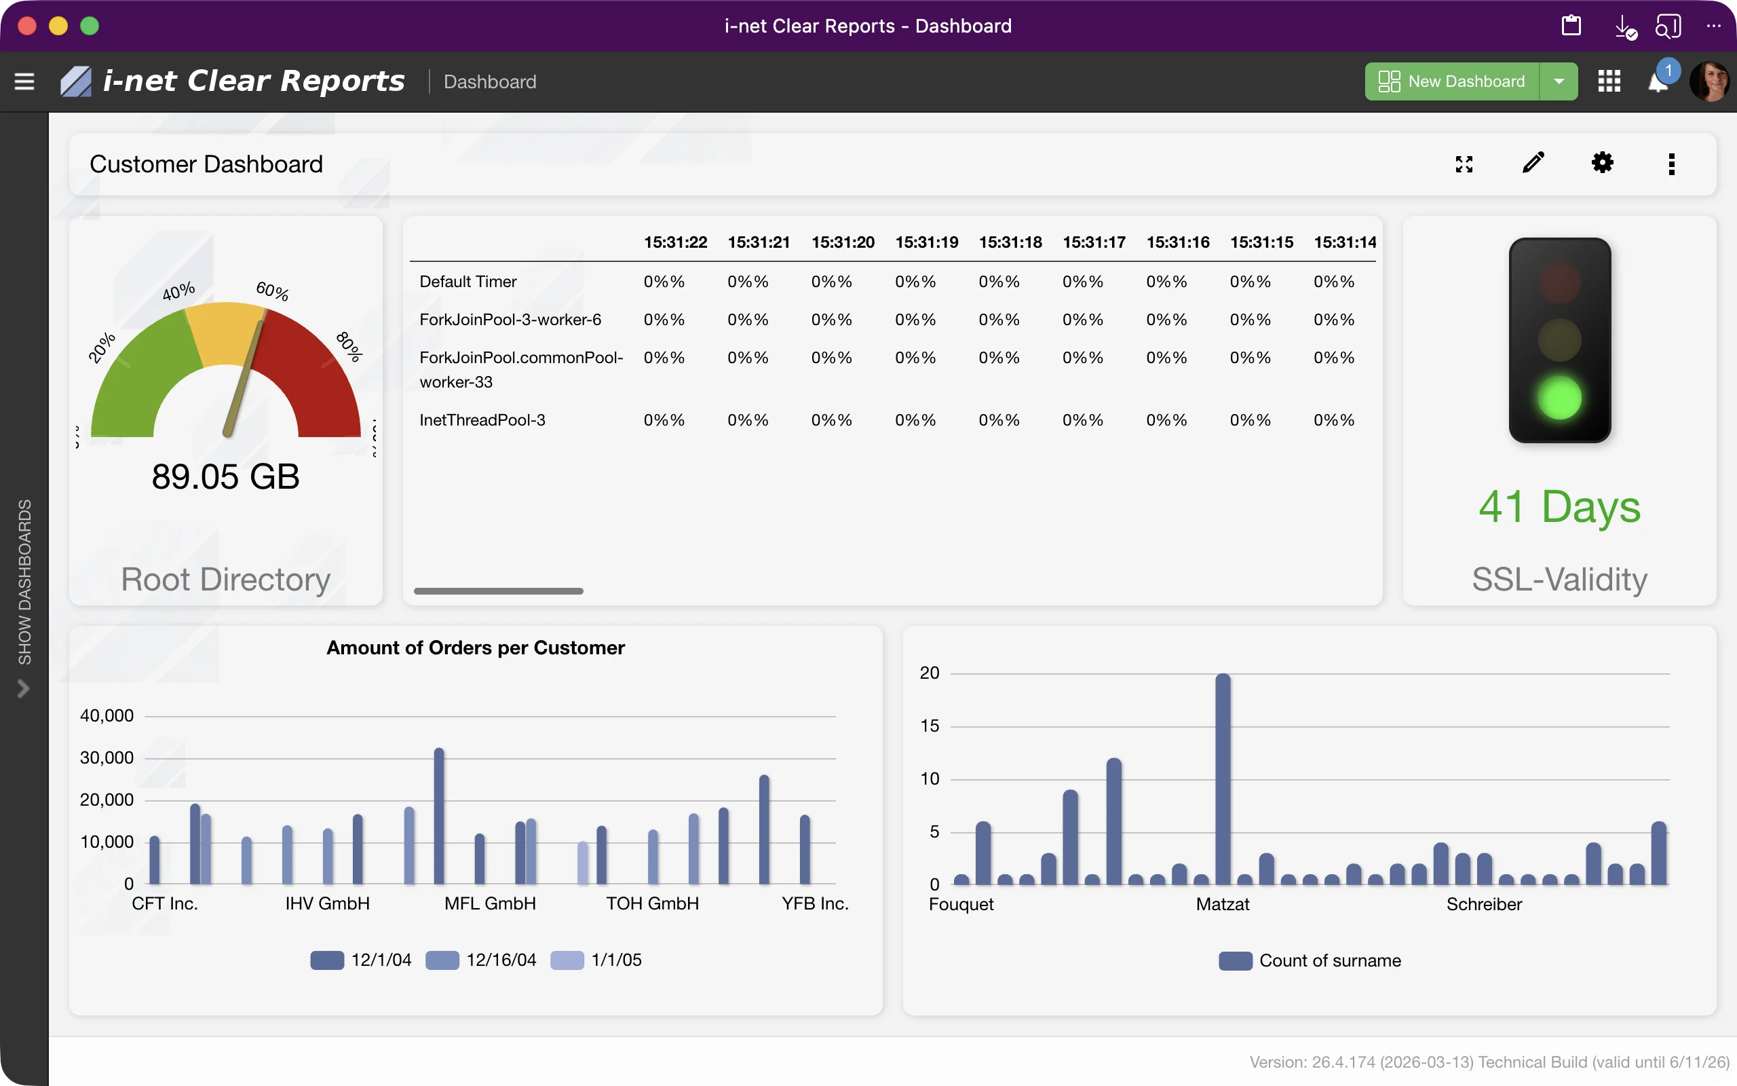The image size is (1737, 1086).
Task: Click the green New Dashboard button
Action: click(x=1451, y=81)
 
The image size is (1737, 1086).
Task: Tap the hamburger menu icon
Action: click(x=24, y=81)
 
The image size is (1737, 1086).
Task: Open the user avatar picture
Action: click(x=1710, y=81)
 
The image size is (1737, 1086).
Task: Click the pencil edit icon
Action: click(x=1533, y=163)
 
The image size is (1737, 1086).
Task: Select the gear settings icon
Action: click(x=1602, y=163)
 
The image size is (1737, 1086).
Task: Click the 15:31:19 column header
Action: click(x=926, y=242)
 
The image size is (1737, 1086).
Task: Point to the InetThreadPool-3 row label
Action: click(x=482, y=420)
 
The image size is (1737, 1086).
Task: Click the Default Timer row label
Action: click(x=468, y=282)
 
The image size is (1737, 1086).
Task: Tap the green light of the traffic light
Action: click(x=1559, y=398)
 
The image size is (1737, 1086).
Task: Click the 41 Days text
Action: click(x=1559, y=507)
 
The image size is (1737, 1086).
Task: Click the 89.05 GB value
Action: click(x=225, y=477)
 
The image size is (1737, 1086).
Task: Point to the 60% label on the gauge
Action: click(x=272, y=291)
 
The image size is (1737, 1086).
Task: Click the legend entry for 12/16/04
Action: click(x=481, y=960)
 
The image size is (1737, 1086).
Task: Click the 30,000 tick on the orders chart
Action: click(x=107, y=757)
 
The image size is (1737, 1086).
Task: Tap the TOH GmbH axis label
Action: click(x=652, y=903)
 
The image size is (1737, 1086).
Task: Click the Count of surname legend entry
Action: click(x=1310, y=961)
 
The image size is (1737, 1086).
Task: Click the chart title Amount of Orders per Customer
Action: click(x=475, y=648)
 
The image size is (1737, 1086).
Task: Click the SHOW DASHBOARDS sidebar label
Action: click(x=24, y=582)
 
